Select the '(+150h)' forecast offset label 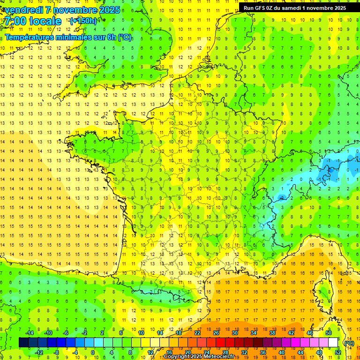coord(83,21)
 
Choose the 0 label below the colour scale coord(93,352)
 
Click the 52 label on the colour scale coord(338,352)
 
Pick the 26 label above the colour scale coord(216,333)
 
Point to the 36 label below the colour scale coord(263,352)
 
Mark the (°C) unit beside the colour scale coord(349,343)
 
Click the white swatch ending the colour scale coord(333,343)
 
